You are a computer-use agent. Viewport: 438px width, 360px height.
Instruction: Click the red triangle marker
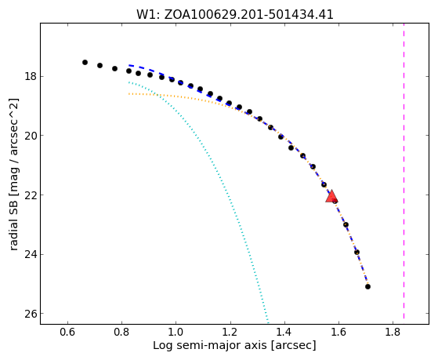tap(331, 197)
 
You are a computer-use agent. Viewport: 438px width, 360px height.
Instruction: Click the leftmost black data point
tap(85, 63)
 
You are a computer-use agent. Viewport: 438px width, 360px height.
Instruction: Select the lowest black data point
tap(367, 287)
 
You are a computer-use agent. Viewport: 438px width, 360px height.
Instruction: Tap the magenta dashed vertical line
tap(404, 171)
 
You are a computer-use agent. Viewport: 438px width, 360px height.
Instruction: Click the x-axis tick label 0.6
tap(67, 333)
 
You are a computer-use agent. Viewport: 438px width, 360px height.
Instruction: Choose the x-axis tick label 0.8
tap(121, 333)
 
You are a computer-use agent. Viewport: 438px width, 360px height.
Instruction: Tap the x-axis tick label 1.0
tap(176, 333)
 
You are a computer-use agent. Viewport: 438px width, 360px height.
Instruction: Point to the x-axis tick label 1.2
tap(230, 333)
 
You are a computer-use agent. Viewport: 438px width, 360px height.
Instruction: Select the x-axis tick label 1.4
tap(284, 333)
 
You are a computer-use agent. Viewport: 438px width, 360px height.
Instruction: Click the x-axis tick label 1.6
tap(338, 333)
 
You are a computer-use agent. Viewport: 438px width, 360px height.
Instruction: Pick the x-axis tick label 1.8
tap(393, 333)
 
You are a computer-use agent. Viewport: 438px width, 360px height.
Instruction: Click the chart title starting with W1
tap(234, 15)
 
